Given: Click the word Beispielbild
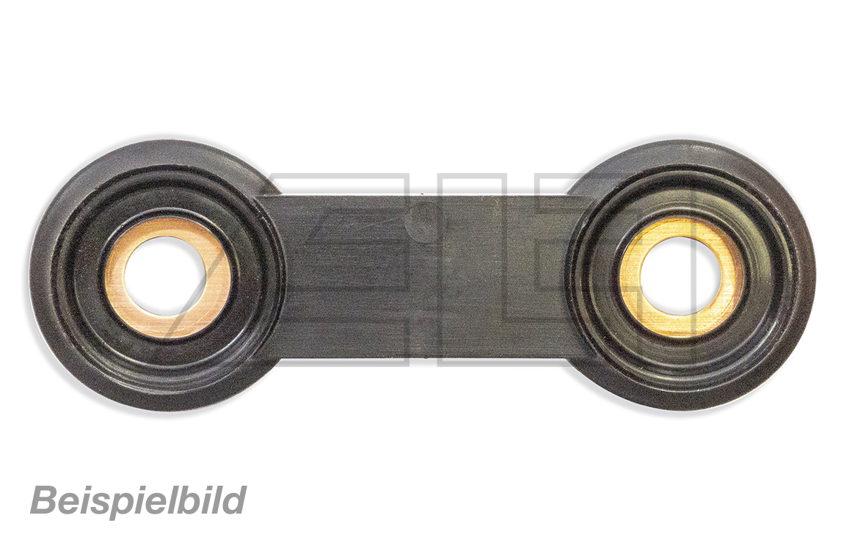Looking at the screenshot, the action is point(139,500).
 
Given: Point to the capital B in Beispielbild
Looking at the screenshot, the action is point(45,500).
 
